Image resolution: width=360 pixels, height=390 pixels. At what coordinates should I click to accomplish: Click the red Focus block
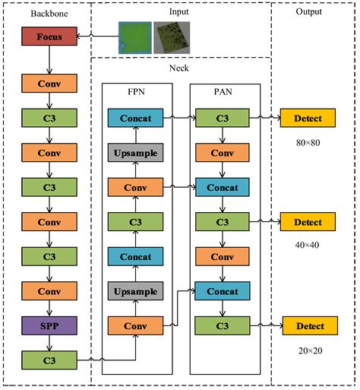tap(49, 36)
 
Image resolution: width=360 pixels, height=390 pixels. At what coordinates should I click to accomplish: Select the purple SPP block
tap(49, 325)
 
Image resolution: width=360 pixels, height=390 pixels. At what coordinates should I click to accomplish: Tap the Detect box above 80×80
tap(308, 118)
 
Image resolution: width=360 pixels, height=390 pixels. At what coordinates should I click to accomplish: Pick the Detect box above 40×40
tap(308, 222)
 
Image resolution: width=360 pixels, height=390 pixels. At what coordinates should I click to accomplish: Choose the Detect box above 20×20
tap(309, 326)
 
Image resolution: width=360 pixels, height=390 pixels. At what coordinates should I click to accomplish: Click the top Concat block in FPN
tap(135, 118)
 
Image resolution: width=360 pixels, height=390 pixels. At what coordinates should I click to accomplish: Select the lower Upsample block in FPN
tap(135, 291)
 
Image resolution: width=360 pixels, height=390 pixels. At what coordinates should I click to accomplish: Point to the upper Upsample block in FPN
tap(135, 153)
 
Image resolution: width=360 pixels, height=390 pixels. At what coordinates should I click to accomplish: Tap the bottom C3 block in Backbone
tap(49, 360)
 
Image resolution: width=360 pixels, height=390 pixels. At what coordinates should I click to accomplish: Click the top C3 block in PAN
tap(223, 118)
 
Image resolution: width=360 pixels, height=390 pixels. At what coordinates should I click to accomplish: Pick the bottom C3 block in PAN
tap(223, 326)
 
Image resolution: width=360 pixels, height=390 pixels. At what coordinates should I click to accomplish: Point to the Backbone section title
tap(48, 14)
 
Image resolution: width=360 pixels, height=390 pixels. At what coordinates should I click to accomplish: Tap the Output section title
tap(308, 11)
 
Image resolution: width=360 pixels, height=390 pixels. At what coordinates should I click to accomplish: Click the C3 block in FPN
tap(135, 222)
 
